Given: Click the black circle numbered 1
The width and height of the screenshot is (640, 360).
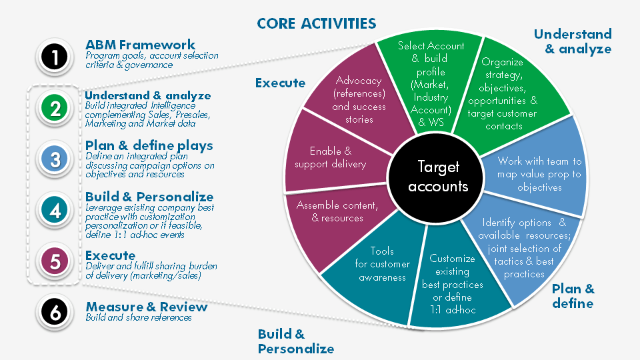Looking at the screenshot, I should point(55,57).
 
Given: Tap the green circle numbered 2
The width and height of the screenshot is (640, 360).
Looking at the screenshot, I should point(55,109).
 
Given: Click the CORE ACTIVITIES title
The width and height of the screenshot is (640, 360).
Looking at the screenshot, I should point(317,24).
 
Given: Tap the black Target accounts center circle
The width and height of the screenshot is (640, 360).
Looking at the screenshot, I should point(438,177).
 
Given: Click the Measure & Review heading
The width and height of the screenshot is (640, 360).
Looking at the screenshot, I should point(146,307).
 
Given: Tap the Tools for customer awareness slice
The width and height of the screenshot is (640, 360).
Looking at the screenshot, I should point(381,264).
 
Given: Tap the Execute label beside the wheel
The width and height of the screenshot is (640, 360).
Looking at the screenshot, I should point(280,83).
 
